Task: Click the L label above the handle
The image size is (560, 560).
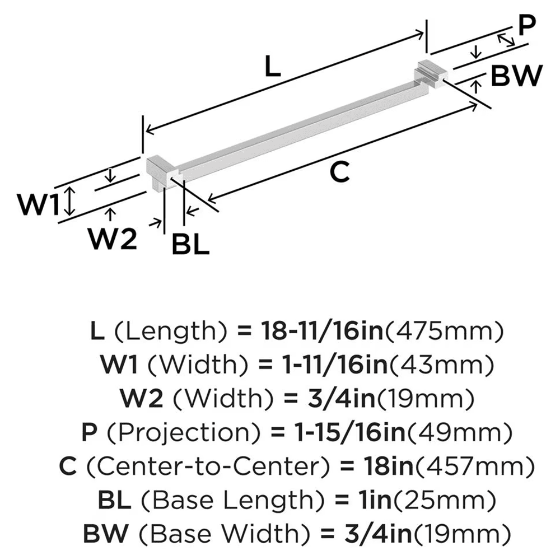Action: click(271, 68)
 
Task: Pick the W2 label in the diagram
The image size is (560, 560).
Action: click(113, 240)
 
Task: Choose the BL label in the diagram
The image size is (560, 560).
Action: click(190, 245)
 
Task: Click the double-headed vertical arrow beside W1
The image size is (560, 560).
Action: click(69, 202)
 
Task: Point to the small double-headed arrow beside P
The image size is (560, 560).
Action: click(506, 39)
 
